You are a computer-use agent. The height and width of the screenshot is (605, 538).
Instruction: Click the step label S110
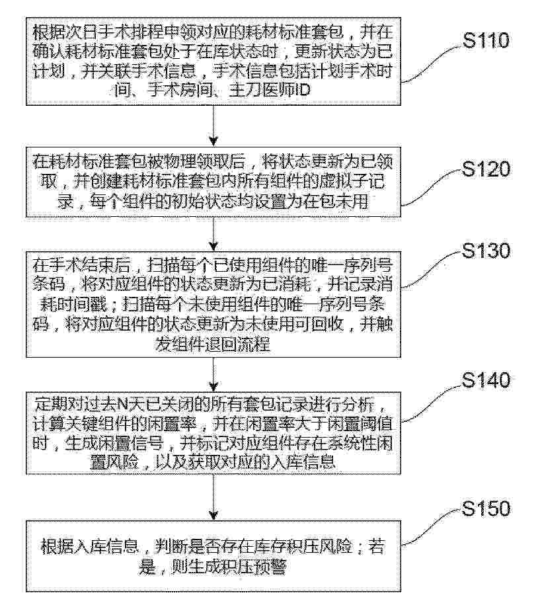486,40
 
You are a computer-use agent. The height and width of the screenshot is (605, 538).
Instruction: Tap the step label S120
486,169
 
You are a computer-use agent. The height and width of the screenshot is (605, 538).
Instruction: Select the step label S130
486,251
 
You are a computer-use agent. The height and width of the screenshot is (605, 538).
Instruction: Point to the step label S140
486,380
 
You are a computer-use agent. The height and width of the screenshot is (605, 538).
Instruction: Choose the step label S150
486,508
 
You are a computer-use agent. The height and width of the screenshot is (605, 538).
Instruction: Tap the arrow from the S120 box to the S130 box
213,234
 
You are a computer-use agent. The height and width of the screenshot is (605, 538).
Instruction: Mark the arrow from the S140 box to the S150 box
213,497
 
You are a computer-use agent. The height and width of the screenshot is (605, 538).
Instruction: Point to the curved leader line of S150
432,527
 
